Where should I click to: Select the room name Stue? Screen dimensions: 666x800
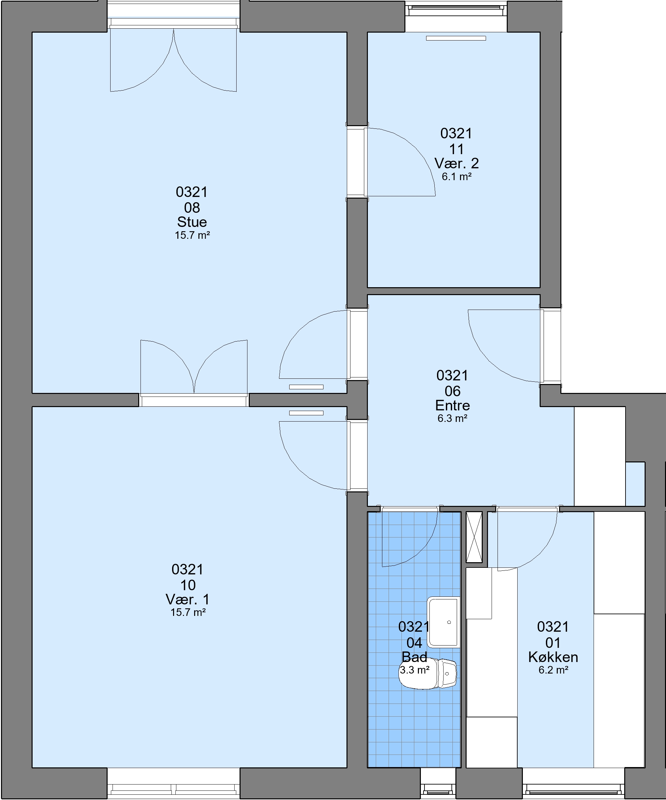pos(192,222)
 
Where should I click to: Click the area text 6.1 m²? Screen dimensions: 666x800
pos(457,177)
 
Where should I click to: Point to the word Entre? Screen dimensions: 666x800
pos(452,405)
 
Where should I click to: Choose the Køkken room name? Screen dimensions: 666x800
pos(553,657)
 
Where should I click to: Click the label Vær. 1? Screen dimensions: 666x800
pos(188,599)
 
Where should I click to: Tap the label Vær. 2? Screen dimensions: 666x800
pos(457,163)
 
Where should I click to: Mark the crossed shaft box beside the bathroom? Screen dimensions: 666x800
pos(474,537)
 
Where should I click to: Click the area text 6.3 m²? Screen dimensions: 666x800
pos(452,418)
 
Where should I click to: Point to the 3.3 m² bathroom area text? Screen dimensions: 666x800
pos(415,670)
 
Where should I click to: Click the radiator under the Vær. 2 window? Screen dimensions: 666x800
pos(456,38)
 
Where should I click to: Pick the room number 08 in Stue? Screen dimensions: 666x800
pos(192,207)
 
